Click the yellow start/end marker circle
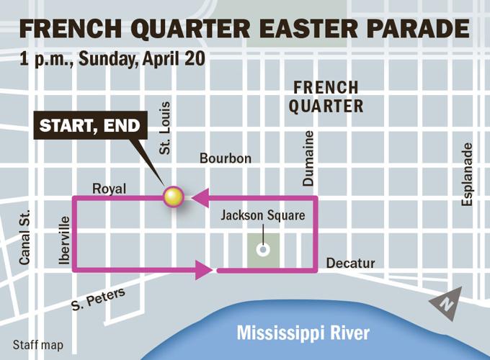pos(174,196)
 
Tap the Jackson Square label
pos(262,215)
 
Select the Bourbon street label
pos(226,158)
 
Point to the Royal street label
pos(110,189)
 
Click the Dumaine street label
pos(308,158)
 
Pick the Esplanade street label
pos(468,174)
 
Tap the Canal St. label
pos(25,238)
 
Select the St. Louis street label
pos(165,128)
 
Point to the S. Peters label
pos(98,299)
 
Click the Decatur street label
pos(351,264)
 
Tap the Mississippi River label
pos(303,333)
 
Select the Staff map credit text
pos(37,345)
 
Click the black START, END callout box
pos(91,125)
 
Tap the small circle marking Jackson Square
pos(263,250)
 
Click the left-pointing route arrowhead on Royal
pos(200,196)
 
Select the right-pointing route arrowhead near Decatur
pos(204,271)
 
